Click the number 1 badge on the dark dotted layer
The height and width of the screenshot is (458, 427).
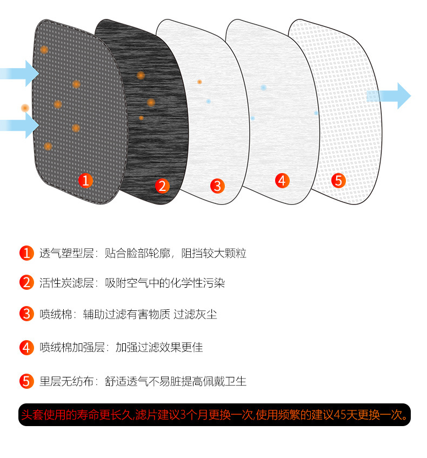[85, 180]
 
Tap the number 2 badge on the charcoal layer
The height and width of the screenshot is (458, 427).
[162, 186]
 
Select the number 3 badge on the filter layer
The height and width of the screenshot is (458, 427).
[217, 187]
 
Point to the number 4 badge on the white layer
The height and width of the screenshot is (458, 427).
[282, 180]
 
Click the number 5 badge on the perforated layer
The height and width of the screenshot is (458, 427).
[338, 181]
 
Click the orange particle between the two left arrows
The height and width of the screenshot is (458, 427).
[24, 108]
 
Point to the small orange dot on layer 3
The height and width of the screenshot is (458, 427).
[199, 82]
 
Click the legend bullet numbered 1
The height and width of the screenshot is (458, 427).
[26, 253]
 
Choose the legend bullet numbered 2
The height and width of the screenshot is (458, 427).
[26, 282]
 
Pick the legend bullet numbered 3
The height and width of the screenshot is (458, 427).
[26, 314]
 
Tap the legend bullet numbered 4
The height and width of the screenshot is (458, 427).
[26, 347]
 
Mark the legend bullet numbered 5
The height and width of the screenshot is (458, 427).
[26, 381]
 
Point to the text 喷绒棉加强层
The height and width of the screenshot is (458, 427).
[72, 347]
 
